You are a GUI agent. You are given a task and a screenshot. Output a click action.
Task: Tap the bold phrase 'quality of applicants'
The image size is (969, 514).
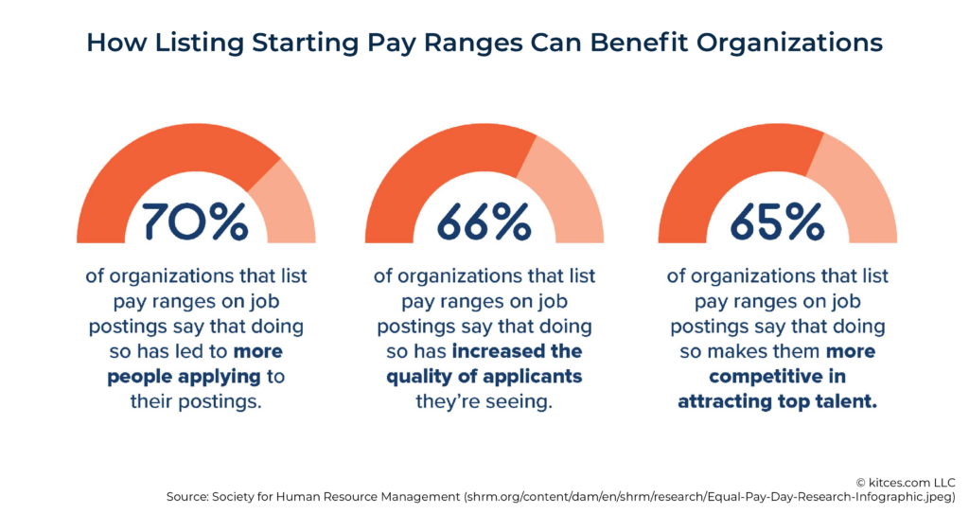484,377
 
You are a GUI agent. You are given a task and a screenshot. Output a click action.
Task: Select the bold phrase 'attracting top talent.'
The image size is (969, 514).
777,401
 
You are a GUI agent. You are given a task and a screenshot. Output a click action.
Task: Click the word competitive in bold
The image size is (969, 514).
758,377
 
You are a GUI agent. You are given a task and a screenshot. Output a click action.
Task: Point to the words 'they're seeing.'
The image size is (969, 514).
484,401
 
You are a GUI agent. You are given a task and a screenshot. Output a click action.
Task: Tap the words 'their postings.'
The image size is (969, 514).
195,401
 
